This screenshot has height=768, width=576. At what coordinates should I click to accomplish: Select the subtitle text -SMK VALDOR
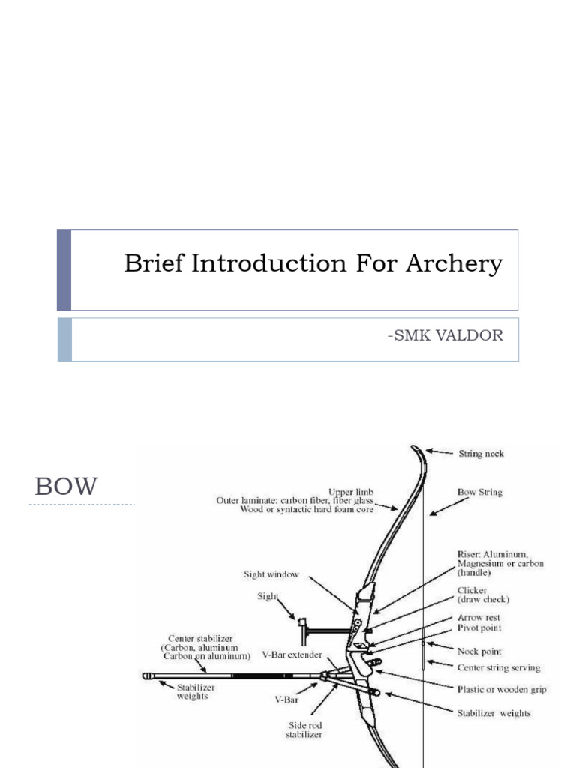(445, 335)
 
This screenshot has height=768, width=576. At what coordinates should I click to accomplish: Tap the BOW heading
(66, 487)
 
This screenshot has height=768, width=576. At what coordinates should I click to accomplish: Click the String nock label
(481, 454)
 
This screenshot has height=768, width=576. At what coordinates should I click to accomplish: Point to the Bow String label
(480, 493)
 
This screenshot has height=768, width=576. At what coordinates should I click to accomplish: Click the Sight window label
(271, 574)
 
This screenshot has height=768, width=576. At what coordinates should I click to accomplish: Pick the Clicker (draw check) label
(483, 595)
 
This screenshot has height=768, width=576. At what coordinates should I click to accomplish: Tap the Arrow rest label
(478, 617)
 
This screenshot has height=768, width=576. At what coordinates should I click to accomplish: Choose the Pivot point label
(479, 628)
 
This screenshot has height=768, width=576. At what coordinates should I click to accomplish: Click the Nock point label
(479, 652)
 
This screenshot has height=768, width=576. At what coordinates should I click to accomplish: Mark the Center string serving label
(498, 667)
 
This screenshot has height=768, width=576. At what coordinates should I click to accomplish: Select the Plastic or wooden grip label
(502, 689)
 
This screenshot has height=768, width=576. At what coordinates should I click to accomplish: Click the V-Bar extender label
(292, 654)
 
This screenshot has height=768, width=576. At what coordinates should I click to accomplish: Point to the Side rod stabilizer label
(305, 730)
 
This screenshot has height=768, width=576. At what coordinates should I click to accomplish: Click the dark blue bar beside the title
(64, 270)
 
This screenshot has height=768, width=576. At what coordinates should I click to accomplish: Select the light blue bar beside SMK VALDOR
(64, 339)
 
